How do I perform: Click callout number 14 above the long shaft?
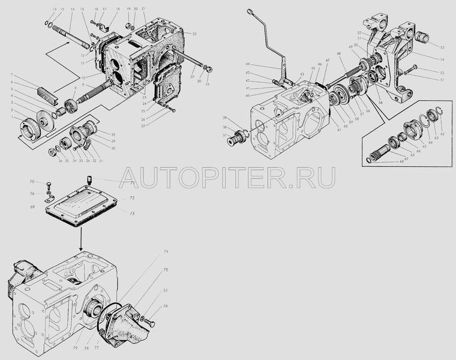coord(71,10)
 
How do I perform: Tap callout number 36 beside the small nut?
coord(52,161)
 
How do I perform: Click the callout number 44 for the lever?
coord(247,65)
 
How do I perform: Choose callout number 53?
coord(442,47)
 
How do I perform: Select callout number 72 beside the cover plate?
coord(132,197)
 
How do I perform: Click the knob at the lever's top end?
coord(248,10)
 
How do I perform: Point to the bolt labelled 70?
coord(49,185)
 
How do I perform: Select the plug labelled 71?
coord(88,178)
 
